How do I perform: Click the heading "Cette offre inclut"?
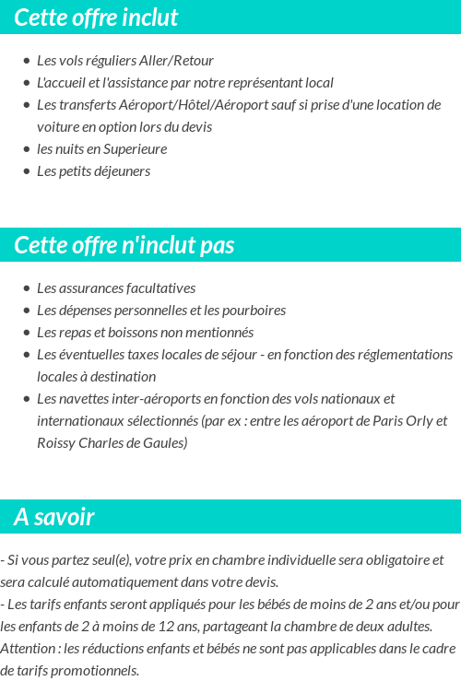click(96, 18)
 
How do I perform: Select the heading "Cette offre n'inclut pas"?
click(124, 245)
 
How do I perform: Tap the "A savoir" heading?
click(54, 517)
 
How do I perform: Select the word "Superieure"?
click(136, 149)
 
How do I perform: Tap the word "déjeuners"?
click(121, 171)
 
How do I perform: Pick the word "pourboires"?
click(253, 311)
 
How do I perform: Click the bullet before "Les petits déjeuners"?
click(27, 171)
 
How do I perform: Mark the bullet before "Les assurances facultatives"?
click(27, 288)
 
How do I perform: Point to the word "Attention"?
click(26, 649)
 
